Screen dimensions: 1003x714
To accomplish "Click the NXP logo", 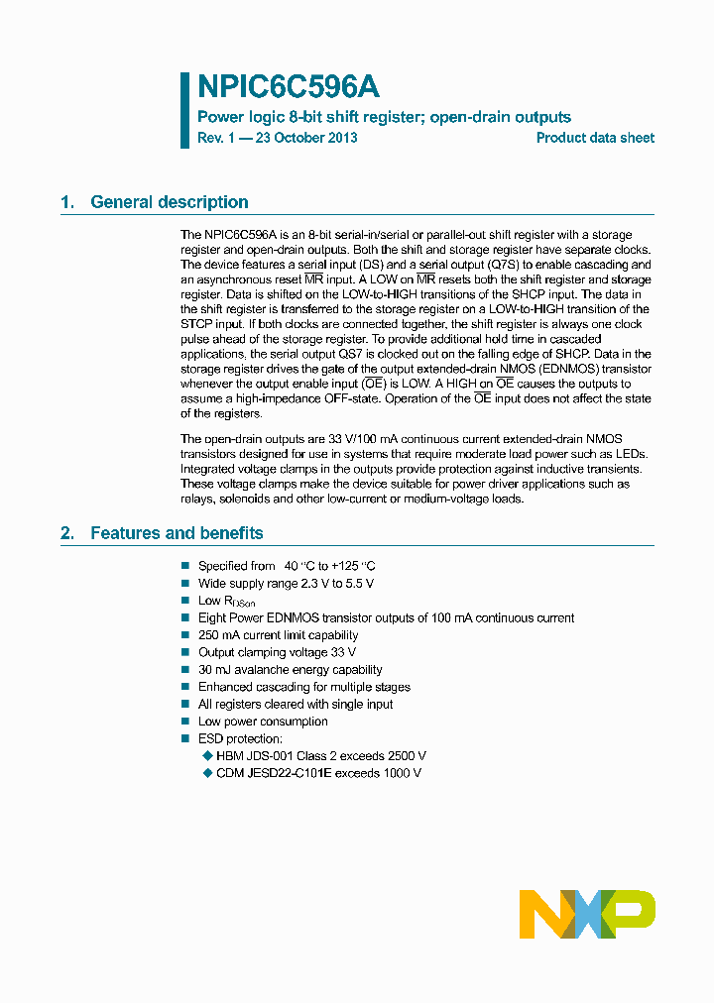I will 587,914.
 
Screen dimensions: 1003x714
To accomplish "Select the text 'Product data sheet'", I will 595,138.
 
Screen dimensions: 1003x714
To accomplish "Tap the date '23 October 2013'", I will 306,138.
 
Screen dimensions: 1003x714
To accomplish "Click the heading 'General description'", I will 169,202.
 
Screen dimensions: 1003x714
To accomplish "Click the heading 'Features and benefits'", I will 177,533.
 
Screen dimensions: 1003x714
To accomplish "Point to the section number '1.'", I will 67,202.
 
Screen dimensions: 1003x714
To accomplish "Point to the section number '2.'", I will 67,533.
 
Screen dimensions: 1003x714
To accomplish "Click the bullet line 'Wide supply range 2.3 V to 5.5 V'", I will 286,584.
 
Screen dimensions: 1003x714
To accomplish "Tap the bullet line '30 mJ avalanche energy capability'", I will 290,670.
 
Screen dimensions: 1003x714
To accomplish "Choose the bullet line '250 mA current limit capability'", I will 278,635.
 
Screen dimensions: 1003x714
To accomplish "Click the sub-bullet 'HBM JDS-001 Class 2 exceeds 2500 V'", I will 320,755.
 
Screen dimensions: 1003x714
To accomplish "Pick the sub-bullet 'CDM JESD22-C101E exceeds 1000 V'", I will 318,772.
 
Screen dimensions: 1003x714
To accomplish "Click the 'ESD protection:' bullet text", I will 240,738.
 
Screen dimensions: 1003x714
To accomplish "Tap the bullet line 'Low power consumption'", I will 263,722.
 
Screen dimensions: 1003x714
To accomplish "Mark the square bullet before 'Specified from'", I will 184,566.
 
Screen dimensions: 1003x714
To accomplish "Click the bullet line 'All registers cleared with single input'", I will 296,704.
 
